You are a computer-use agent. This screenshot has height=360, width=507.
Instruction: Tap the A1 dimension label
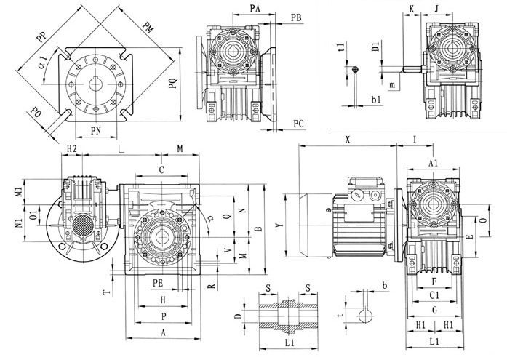click(x=434, y=163)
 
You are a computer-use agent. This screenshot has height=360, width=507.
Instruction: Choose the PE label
click(x=158, y=281)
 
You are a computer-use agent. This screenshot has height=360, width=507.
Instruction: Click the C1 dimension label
click(x=434, y=295)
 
